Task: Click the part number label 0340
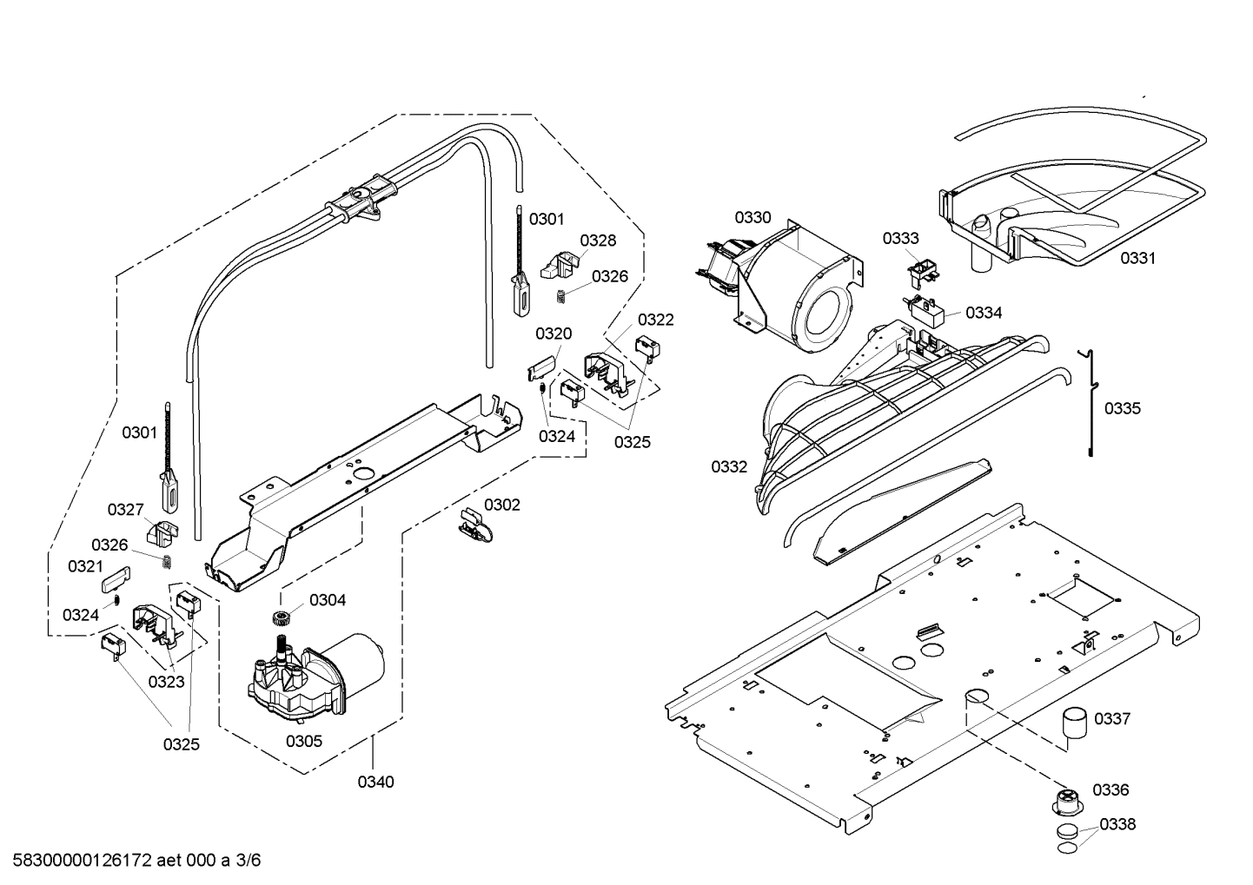click(x=375, y=782)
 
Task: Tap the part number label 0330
click(x=752, y=217)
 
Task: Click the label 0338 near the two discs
click(x=1117, y=824)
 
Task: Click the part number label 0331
click(x=1137, y=257)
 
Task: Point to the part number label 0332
click(x=729, y=466)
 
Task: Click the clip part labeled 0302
click(x=474, y=527)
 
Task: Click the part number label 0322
click(x=655, y=320)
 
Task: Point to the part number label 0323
click(x=166, y=682)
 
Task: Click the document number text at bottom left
click(x=130, y=861)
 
